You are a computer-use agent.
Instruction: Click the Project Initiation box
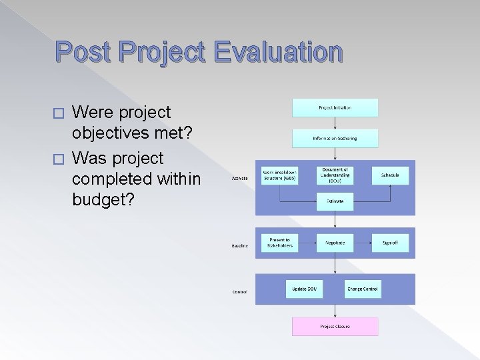click(x=335, y=107)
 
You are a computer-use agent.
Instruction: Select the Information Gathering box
click(x=335, y=138)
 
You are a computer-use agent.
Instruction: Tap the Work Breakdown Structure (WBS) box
click(x=280, y=175)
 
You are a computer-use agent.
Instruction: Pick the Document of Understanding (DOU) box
click(x=335, y=175)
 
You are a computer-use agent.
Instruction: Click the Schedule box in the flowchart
click(x=390, y=175)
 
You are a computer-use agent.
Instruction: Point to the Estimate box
click(x=335, y=201)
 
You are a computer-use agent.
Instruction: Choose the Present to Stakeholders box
click(x=280, y=243)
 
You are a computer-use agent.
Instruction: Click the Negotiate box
click(x=335, y=243)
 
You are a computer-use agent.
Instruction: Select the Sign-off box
click(x=390, y=243)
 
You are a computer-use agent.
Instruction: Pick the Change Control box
click(x=362, y=289)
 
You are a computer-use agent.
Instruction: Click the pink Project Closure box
click(x=335, y=327)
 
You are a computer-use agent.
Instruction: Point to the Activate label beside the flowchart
click(x=240, y=179)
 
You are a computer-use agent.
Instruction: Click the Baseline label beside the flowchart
click(x=240, y=246)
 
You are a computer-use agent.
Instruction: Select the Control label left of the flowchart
click(x=240, y=292)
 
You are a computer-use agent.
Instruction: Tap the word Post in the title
click(x=82, y=52)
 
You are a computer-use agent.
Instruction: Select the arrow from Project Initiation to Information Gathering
click(x=335, y=123)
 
